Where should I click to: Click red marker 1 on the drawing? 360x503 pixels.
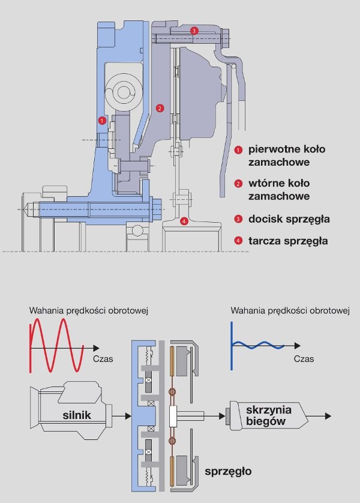[103, 121]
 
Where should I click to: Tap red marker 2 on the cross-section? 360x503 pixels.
[160, 109]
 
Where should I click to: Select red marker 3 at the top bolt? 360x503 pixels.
[194, 30]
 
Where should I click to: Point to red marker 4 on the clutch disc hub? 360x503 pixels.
[184, 221]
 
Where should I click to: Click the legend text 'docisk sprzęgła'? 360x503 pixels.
[287, 219]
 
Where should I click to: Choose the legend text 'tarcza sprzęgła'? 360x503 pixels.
[288, 241]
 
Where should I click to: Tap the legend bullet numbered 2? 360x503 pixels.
[238, 184]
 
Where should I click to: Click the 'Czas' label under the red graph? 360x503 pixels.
[103, 359]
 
